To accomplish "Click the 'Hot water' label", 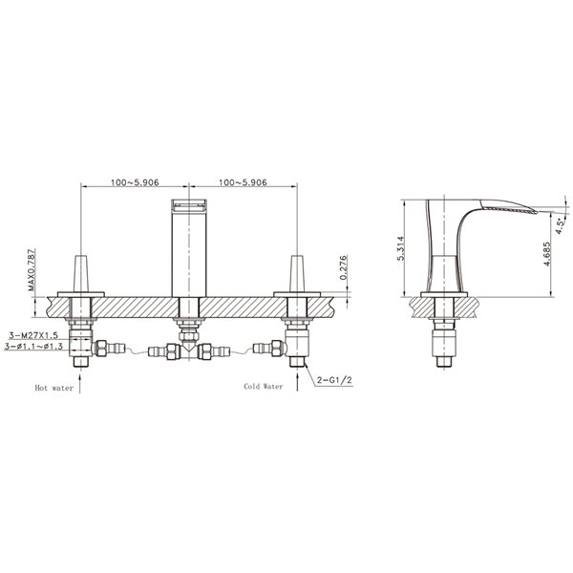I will tap(54, 389).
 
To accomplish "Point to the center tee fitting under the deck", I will tap(189, 351).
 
